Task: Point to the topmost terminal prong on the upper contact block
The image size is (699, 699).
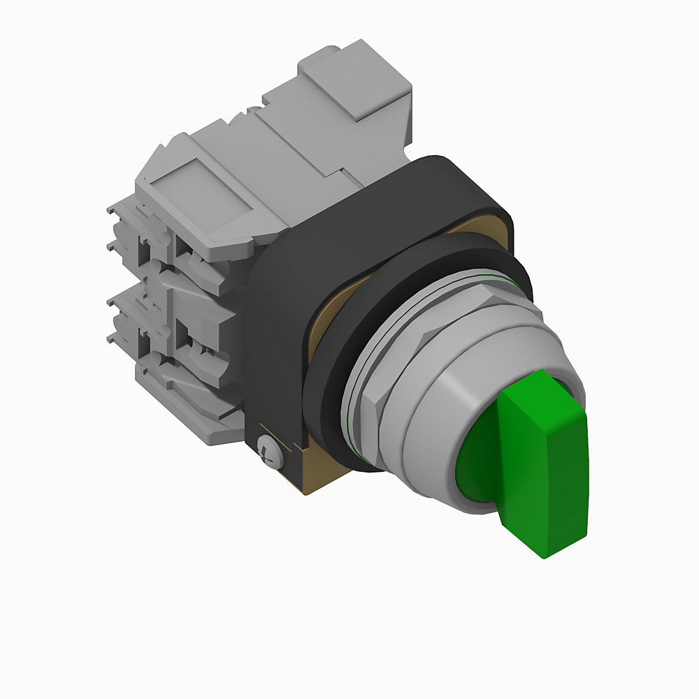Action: (115, 209)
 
